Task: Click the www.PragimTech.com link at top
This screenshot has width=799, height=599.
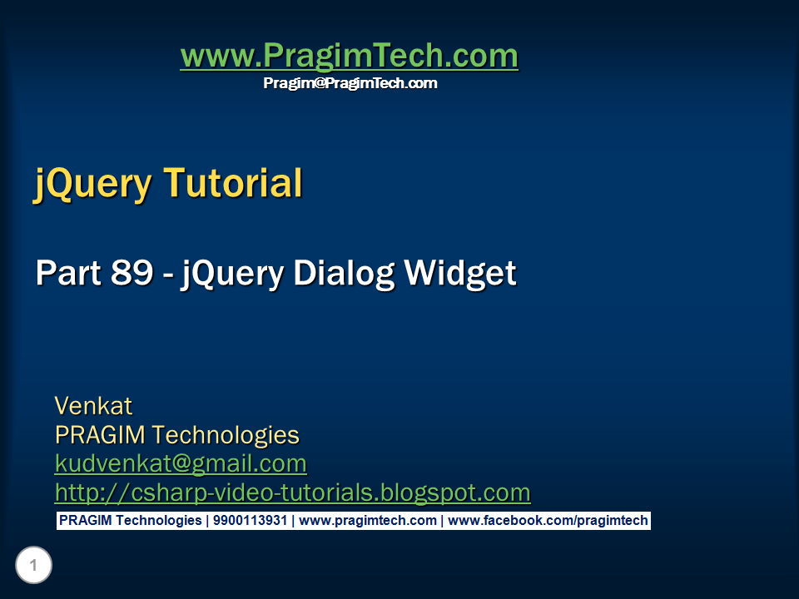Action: (x=349, y=57)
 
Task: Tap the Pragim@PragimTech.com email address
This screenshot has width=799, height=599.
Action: (x=350, y=83)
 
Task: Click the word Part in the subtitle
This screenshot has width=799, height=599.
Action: (x=67, y=274)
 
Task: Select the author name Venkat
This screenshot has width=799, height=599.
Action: (x=93, y=406)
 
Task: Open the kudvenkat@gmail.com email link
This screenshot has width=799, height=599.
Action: (x=181, y=463)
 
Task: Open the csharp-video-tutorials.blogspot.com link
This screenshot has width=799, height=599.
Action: (x=292, y=493)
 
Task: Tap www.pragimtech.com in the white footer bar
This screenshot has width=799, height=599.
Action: (x=367, y=521)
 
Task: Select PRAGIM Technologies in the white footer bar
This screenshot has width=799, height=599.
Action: (x=130, y=521)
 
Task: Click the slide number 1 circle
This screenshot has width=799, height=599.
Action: (x=33, y=567)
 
